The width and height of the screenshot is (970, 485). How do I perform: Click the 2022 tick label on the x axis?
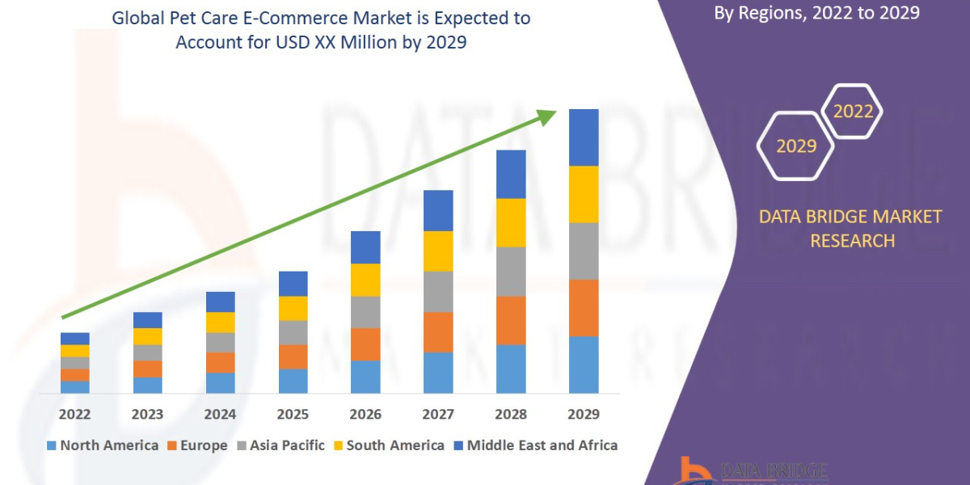[x=74, y=414]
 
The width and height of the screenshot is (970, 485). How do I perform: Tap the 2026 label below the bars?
[x=365, y=414]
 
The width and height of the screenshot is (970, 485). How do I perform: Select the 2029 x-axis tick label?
[x=584, y=414]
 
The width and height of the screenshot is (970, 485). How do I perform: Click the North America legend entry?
[x=103, y=445]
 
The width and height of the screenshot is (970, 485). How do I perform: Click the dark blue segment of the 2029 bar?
[x=584, y=137]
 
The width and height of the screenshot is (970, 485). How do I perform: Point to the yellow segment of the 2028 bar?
[x=511, y=222]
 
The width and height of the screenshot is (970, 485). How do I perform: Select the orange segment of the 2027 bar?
[x=438, y=331]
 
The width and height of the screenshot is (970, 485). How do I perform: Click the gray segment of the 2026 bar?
[x=365, y=311]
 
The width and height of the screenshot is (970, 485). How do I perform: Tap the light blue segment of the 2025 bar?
[x=293, y=381]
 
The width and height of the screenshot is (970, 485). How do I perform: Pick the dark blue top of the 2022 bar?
[x=74, y=338]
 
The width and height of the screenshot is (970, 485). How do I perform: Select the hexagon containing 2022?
[x=853, y=112]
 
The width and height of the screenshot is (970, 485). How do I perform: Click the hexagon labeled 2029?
[x=796, y=146]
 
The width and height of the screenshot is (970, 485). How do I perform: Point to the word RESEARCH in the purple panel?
[x=852, y=241]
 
